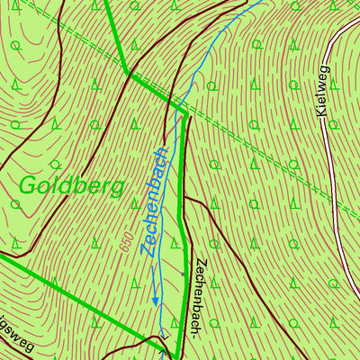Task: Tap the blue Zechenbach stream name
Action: (x=156, y=200)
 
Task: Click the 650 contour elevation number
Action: (x=124, y=238)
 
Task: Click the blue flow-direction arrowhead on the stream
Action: (x=155, y=303)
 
